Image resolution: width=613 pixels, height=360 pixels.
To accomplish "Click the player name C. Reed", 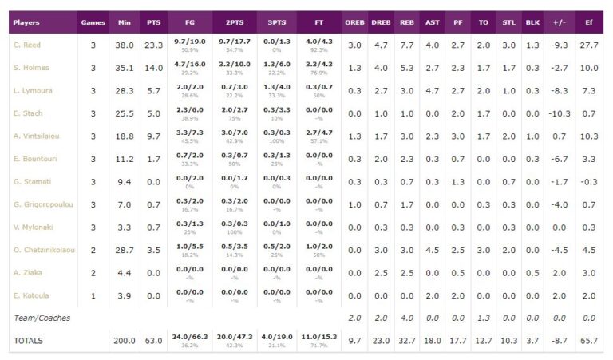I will pos(27,45).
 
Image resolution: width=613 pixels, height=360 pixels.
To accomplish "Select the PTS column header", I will pos(154,22).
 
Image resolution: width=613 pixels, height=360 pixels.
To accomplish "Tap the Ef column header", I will pos(589,22).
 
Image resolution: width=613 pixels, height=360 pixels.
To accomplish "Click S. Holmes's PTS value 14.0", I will pos(154,68).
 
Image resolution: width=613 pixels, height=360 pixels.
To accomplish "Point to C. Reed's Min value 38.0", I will pos(124,45).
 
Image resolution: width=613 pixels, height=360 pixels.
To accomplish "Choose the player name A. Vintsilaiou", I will pos(37,136).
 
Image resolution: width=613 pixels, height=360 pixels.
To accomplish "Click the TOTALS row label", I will pos(30,341).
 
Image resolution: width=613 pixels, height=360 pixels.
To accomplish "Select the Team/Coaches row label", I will pos(42,318).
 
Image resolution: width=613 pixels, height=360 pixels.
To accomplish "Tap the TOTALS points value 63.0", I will pos(154,341).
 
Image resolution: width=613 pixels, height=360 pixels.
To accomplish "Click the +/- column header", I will pos(560,22).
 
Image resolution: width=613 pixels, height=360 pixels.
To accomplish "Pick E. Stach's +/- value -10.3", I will pos(559,113).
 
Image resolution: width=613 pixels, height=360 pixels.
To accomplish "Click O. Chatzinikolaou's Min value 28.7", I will pos(124,250).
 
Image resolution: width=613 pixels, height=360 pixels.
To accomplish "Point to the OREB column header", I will pos(354,22).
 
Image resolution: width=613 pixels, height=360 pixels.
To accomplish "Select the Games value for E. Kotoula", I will pos(93,295).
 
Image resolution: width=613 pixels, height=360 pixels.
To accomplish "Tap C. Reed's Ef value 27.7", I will pos(589,45).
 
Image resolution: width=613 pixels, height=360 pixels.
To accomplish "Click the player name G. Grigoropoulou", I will pos(42,204).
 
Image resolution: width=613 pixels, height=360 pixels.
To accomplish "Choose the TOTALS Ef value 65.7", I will pos(589,341).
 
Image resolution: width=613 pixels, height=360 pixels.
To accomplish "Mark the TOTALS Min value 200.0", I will pos(124,341).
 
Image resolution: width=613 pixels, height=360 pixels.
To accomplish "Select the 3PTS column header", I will pos(275,22).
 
